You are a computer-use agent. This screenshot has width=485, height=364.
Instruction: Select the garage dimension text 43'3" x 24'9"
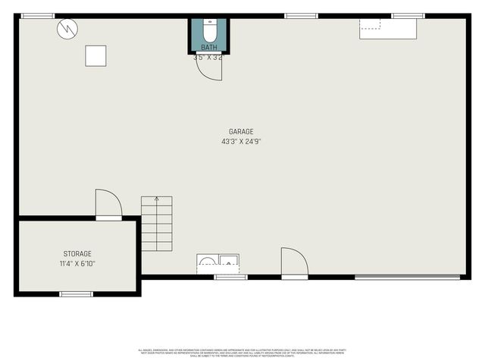coord(241,142)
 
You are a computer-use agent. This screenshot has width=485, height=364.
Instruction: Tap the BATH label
coord(208,47)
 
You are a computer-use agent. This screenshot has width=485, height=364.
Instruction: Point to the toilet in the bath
coord(209,32)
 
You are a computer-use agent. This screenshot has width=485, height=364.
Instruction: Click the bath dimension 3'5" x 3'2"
coord(208,57)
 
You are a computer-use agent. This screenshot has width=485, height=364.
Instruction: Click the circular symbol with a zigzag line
coord(67,30)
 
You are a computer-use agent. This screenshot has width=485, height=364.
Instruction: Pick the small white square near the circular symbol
coord(95,55)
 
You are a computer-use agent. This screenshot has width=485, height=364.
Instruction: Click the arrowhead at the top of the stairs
coord(157,199)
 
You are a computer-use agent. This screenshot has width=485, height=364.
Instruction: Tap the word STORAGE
coord(77,254)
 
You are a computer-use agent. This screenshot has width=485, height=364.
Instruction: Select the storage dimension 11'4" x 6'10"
coord(77,264)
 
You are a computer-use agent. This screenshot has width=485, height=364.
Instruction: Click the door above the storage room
coord(108,205)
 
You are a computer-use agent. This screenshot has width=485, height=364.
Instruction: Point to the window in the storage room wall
coord(76,293)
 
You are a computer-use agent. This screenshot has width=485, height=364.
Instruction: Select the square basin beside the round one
coord(227,263)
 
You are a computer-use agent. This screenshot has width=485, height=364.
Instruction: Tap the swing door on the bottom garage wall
coord(294,262)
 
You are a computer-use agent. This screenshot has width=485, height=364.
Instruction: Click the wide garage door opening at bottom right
coord(407,277)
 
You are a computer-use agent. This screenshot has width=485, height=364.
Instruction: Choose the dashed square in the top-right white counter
coord(370,23)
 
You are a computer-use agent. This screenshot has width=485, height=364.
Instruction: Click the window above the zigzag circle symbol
coord(37,15)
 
